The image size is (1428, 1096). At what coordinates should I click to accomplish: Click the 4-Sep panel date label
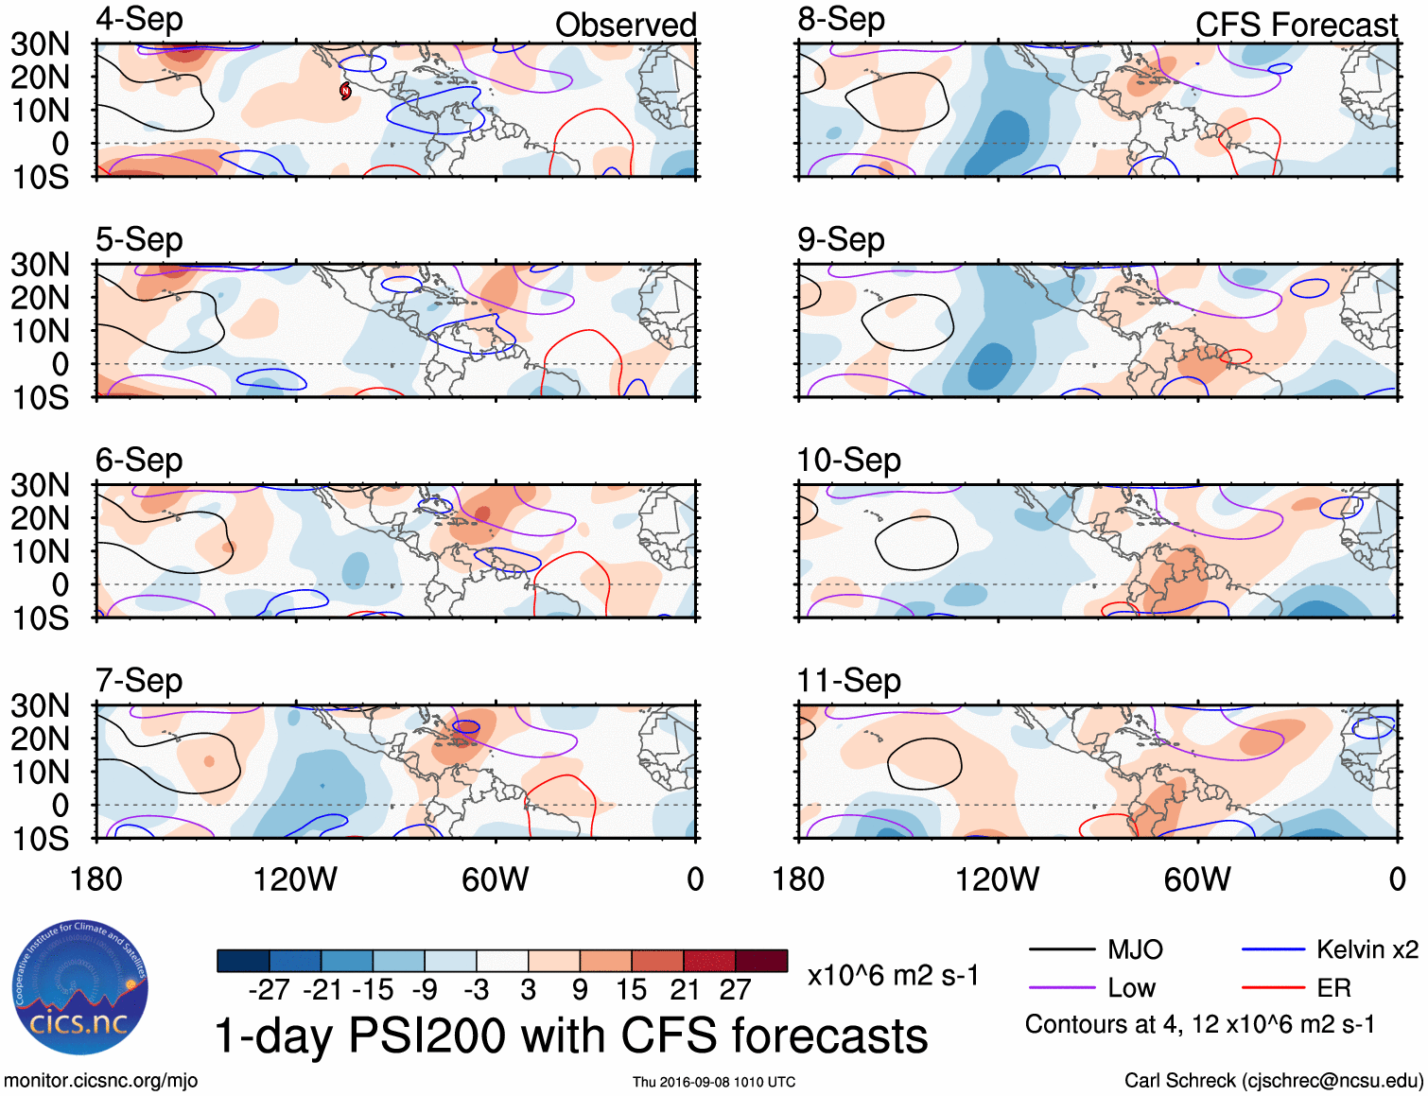click(x=139, y=20)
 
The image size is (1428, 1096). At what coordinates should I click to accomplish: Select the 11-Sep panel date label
click(x=848, y=681)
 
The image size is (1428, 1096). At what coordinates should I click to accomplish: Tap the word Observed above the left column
click(x=625, y=26)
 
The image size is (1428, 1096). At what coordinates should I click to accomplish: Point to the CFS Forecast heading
click(x=1296, y=26)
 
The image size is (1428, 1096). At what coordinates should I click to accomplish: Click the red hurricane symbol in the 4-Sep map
click(x=345, y=91)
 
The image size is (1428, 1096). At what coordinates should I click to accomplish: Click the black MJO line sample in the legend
click(x=1061, y=949)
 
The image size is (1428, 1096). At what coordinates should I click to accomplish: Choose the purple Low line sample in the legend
click(x=1061, y=988)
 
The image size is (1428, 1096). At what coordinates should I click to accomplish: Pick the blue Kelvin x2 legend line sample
click(x=1273, y=949)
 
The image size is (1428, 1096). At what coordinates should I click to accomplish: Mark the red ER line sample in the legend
click(x=1273, y=988)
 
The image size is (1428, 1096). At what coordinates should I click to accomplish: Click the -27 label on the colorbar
click(x=269, y=990)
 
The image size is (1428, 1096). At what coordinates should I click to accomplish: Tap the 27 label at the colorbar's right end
click(x=735, y=990)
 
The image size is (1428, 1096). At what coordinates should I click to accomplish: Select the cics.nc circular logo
click(x=79, y=988)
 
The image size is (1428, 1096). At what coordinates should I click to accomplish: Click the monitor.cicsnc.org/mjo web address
click(x=101, y=1081)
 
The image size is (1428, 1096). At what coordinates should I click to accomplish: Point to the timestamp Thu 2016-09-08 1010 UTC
click(x=714, y=1082)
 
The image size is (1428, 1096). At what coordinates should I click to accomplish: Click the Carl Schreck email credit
click(x=1273, y=1081)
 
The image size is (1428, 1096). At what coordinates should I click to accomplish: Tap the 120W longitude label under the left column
click(x=295, y=879)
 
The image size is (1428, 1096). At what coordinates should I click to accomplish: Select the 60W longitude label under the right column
click(x=1197, y=879)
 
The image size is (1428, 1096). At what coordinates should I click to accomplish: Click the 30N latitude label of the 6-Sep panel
click(x=40, y=485)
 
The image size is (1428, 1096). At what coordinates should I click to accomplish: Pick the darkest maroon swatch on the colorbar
click(x=761, y=961)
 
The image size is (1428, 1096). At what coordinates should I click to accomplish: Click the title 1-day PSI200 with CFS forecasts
click(x=571, y=1036)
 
